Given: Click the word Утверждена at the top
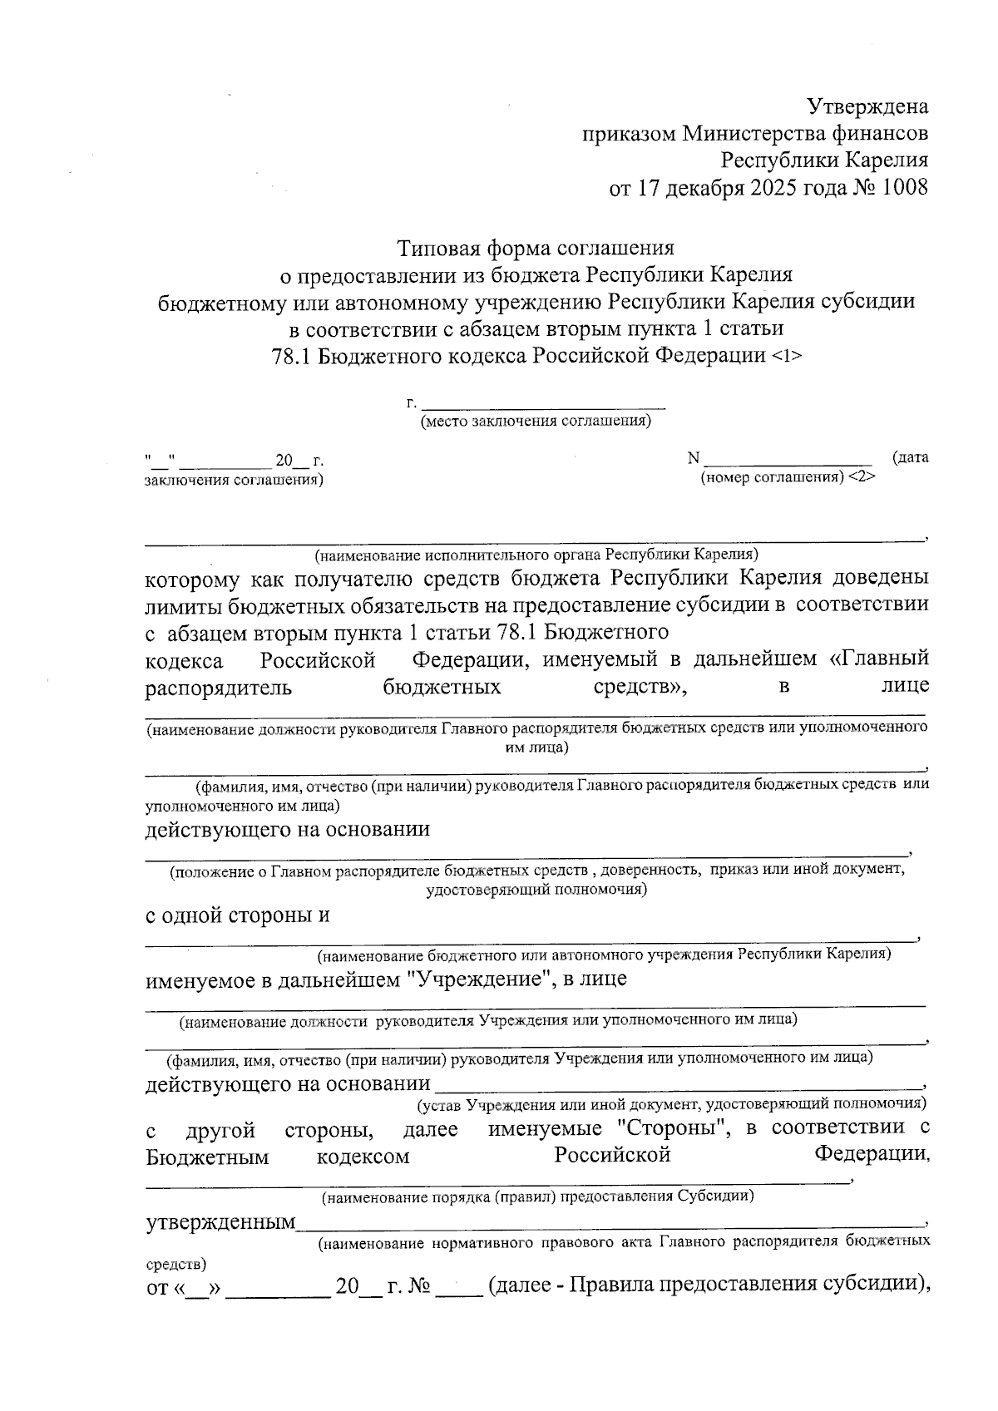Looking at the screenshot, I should pyautogui.click(x=867, y=106).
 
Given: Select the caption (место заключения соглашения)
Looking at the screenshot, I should pyautogui.click(x=536, y=421).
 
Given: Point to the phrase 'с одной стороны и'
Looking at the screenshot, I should pyautogui.click(x=238, y=915).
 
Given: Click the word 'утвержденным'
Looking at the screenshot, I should pyautogui.click(x=221, y=1222).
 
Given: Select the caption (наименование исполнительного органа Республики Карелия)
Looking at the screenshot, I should pyautogui.click(x=536, y=554).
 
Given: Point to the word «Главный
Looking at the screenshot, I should pyautogui.click(x=879, y=659).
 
